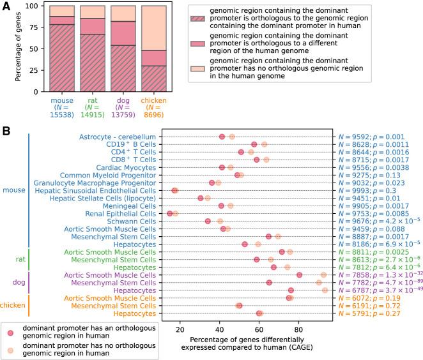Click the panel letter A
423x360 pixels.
[x=6, y=6]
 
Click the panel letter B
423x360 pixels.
[x=6, y=130]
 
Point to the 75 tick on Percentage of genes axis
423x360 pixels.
[x=33, y=27]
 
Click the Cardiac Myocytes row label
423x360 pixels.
[x=128, y=167]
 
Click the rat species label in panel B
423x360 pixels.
[x=21, y=259]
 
